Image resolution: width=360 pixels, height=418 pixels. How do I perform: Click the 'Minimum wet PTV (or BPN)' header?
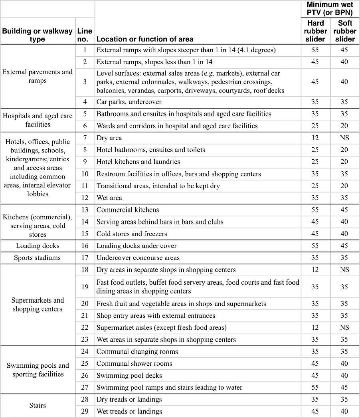coord(330,8)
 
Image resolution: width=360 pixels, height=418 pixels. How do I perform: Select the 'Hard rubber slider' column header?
coord(315,31)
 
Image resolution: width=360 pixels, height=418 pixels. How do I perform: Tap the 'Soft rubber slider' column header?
coord(344,31)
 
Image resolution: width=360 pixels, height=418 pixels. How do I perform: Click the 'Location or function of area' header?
coord(145,39)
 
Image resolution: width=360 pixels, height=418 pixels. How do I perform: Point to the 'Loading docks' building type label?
coord(38,246)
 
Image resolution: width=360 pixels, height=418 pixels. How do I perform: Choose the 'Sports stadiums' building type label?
coord(38,258)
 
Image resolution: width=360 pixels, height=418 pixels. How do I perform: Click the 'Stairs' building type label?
coord(38,405)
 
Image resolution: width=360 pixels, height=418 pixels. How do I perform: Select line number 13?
coord(85,210)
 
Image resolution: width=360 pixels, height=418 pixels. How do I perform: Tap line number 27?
coord(85,387)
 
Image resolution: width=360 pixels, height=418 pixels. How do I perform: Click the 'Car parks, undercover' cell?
coord(129,102)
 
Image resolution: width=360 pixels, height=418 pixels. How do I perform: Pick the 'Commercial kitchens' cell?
coord(128,210)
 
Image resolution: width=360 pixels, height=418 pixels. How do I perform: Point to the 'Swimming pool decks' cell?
coord(129,375)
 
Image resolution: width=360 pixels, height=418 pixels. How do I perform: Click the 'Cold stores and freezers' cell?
coord(132,234)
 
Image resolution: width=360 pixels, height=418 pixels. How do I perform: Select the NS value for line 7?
coord(344,138)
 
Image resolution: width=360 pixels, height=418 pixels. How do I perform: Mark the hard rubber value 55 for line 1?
coord(315,50)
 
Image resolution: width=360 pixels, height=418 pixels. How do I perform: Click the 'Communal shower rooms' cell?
coord(135,363)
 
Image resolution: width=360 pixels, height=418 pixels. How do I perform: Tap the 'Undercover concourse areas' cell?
coord(138,258)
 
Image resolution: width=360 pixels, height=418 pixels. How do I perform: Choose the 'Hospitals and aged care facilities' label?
coord(38,120)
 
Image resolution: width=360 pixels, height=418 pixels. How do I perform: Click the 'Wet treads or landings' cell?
coord(129,411)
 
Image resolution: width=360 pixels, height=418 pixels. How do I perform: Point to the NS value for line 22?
coord(344,327)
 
